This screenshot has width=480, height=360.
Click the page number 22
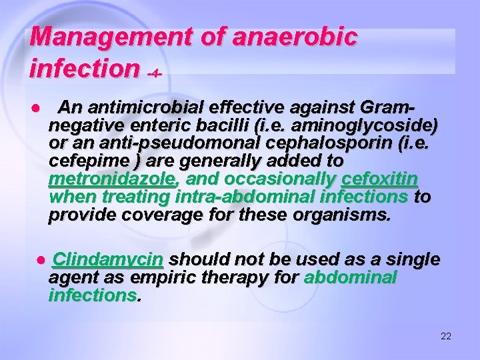click(446, 336)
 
